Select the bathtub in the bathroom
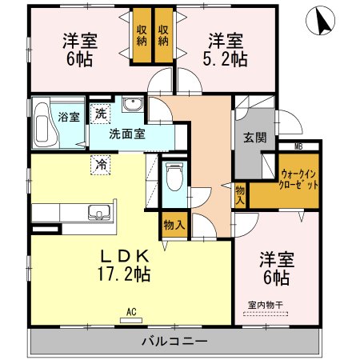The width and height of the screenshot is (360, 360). pyautogui.click(x=44, y=126)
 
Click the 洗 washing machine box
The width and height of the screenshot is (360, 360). pyautogui.click(x=100, y=114)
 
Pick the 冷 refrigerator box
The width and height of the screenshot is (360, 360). pyautogui.click(x=102, y=163)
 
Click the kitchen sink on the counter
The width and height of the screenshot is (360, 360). pyautogui.click(x=100, y=212)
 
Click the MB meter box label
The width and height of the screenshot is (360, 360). pyautogui.click(x=298, y=146)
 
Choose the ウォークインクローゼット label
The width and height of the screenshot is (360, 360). pyautogui.click(x=300, y=179)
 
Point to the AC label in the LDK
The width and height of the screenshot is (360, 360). pyautogui.click(x=133, y=312)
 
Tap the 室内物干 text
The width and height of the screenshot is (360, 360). pyautogui.click(x=265, y=304)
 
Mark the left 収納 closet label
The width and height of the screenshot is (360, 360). pyautogui.click(x=142, y=36)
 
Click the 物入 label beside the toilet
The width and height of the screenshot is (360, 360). pyautogui.click(x=174, y=225)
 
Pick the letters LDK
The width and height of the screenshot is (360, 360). pyautogui.click(x=124, y=256)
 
